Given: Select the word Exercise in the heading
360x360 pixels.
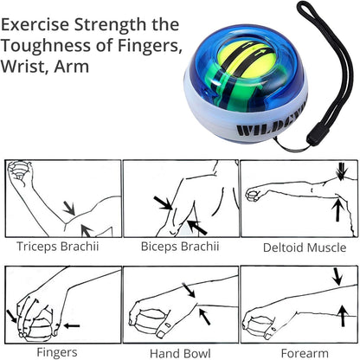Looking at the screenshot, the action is pyautogui.click(x=35, y=24).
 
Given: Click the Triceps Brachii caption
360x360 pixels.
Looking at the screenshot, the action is pyautogui.click(x=57, y=247).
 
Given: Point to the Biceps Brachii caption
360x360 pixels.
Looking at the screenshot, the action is pyautogui.click(x=180, y=247).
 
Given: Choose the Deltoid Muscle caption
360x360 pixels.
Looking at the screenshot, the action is pyautogui.click(x=305, y=247).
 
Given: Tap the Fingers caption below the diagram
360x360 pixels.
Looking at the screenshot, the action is pyautogui.click(x=57, y=352).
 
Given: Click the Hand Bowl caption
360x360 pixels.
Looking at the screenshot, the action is pyautogui.click(x=180, y=353).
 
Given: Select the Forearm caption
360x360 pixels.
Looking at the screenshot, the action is pyautogui.click(x=305, y=353).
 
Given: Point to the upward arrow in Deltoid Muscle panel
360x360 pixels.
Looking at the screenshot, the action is pyautogui.click(x=337, y=209).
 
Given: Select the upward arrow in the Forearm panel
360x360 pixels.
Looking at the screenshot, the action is pyautogui.click(x=343, y=316).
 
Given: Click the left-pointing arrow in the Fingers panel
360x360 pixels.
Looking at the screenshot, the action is pyautogui.click(x=72, y=326).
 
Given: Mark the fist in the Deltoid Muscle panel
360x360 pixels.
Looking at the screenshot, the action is pyautogui.click(x=253, y=195).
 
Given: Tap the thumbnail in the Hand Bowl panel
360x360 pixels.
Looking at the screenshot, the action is pyautogui.click(x=160, y=334).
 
